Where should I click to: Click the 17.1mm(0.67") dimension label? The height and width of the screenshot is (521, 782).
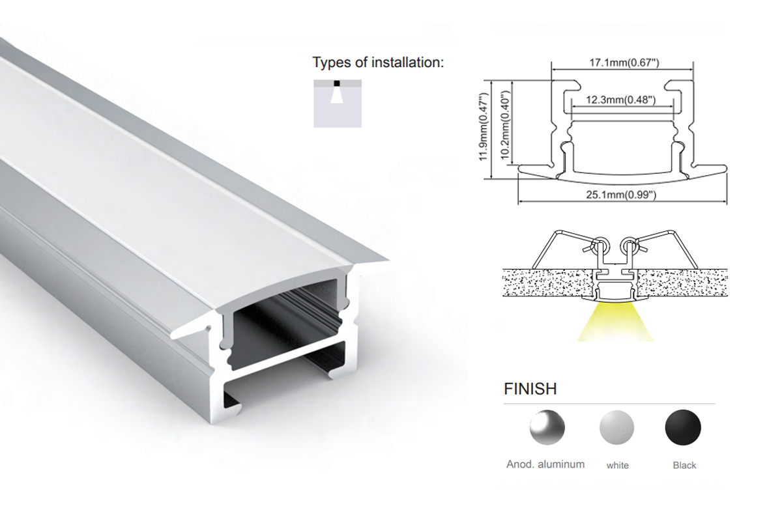pos(624,63)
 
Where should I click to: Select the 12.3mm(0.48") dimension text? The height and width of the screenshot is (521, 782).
pos(620,100)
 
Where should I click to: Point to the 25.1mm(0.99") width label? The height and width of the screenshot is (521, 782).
pos(621,195)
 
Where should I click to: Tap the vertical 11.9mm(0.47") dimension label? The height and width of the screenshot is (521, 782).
pos(483,127)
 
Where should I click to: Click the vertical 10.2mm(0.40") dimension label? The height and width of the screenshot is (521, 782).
pos(505,125)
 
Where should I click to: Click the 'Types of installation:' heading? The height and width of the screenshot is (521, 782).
pos(378,63)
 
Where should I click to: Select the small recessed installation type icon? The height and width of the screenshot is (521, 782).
pos(338,104)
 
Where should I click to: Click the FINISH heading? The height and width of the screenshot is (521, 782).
pos(530,389)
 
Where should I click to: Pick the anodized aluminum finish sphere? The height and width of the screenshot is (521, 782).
pos(547,427)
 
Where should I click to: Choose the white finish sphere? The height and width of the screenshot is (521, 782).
pos(616,427)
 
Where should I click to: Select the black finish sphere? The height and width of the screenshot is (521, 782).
pos(683,427)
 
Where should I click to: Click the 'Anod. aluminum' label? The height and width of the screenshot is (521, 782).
pos(545,464)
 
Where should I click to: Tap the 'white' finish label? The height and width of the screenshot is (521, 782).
pos(618,465)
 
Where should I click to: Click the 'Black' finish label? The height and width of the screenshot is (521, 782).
pos(684,465)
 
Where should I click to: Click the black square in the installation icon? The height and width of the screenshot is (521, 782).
pos(336,83)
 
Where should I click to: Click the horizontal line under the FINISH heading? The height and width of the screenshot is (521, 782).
pos(609,403)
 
